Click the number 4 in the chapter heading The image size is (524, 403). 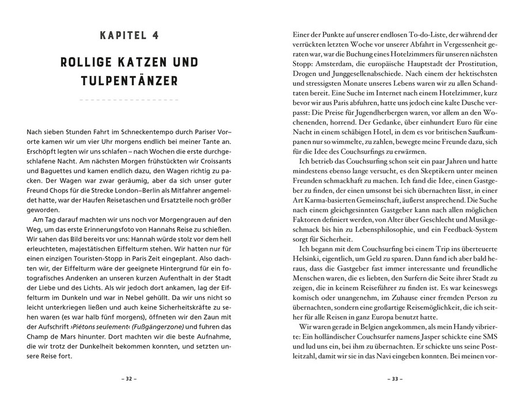(156, 35)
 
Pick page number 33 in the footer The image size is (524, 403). (394, 379)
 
